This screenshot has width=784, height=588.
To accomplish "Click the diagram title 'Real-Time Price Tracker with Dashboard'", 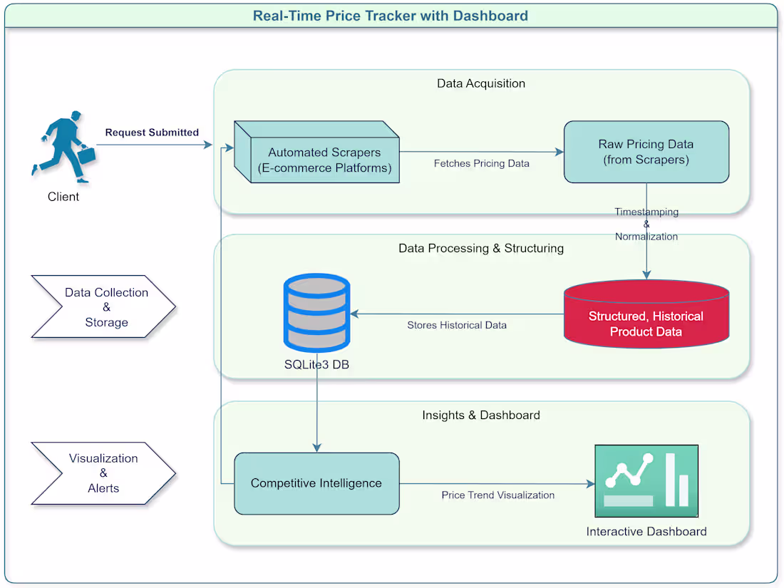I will pyautogui.click(x=391, y=16).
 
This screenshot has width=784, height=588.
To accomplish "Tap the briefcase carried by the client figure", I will pyautogui.click(x=86, y=155).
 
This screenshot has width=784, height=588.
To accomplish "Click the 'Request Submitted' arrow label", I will pyautogui.click(x=152, y=133).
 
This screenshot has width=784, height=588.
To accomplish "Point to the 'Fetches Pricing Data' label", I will pyautogui.click(x=481, y=163).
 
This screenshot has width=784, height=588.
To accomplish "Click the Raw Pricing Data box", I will pyautogui.click(x=646, y=152).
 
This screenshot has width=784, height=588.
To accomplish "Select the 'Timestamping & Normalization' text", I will pyautogui.click(x=646, y=224).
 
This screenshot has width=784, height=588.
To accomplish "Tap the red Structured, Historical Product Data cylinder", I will pyautogui.click(x=646, y=316).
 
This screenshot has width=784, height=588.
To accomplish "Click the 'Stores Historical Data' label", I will pyautogui.click(x=457, y=325).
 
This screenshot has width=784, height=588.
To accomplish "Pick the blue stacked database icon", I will pyautogui.click(x=316, y=312).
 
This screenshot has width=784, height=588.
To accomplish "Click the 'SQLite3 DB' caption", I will pyautogui.click(x=316, y=365).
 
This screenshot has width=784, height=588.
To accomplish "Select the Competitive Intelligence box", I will pyautogui.click(x=316, y=483).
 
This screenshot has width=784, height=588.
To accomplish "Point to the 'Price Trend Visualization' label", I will pyautogui.click(x=497, y=495).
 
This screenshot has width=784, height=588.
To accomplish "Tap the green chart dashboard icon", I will pyautogui.click(x=646, y=481).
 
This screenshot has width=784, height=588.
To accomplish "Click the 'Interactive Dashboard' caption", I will pyautogui.click(x=646, y=532).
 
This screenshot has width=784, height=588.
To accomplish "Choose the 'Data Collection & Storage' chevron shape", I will pyautogui.click(x=103, y=306).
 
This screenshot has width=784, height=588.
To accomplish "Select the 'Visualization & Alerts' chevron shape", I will pyautogui.click(x=103, y=473).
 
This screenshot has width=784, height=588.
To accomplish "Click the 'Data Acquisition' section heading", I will pyautogui.click(x=481, y=83).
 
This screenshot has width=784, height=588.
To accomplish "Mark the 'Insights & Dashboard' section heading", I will pyautogui.click(x=481, y=415).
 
